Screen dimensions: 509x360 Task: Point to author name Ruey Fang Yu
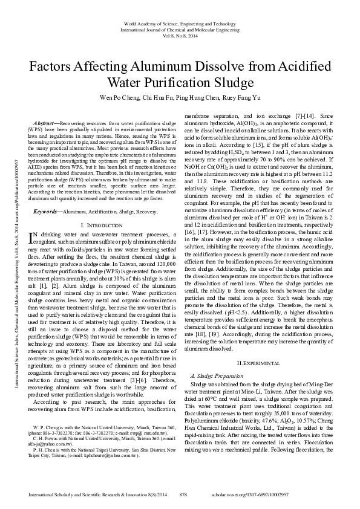pos(249,97)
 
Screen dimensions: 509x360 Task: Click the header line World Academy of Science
pos(180,23)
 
